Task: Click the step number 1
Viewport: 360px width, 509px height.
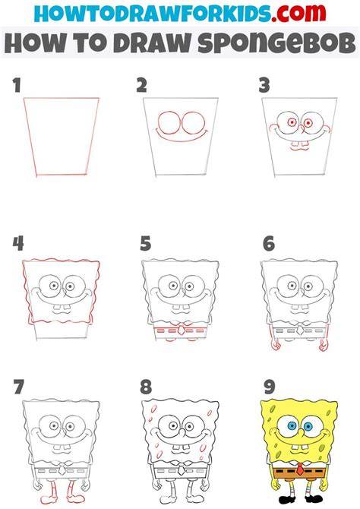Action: point(17,85)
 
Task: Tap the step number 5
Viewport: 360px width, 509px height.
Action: point(145,243)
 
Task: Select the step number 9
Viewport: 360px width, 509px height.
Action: point(270,387)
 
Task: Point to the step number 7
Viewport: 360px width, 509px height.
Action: point(18,387)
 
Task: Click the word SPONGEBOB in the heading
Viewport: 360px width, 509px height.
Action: point(276,43)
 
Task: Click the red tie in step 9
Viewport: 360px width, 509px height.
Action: point(300,469)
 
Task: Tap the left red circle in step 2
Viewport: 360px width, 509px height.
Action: point(169,123)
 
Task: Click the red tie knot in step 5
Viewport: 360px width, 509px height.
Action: point(181,330)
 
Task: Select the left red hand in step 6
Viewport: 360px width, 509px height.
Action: point(275,346)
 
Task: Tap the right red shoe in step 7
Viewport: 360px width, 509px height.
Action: point(75,498)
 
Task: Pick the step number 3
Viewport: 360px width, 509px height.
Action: point(264,85)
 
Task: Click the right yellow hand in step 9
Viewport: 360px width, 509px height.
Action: point(324,487)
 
